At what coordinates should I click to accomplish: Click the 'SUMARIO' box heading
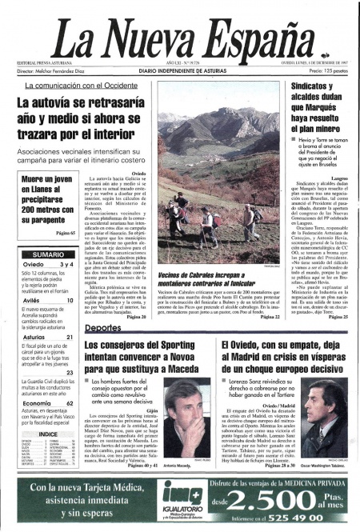point(49,254)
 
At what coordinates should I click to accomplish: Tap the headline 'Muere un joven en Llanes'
point(49,203)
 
